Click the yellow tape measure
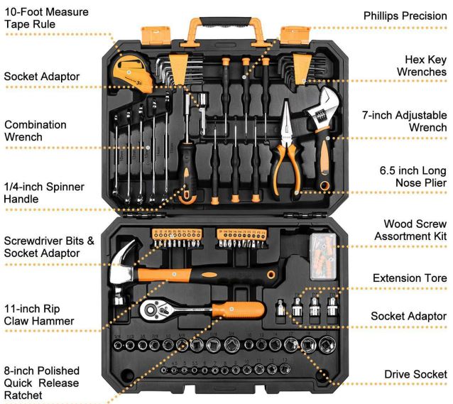[131, 74]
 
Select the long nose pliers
[285, 151]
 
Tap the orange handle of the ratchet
[239, 310]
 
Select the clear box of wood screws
[323, 256]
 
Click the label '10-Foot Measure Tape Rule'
[47, 18]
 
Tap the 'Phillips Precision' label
[405, 16]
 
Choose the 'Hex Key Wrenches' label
[422, 65]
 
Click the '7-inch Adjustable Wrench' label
[405, 121]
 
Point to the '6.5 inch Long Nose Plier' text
[413, 177]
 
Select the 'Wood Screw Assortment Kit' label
[411, 230]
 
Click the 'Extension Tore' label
[410, 278]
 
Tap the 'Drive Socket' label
[416, 374]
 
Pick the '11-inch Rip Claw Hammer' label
[39, 315]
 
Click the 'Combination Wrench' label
[36, 131]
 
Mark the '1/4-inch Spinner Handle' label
[44, 192]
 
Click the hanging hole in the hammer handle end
[271, 274]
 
